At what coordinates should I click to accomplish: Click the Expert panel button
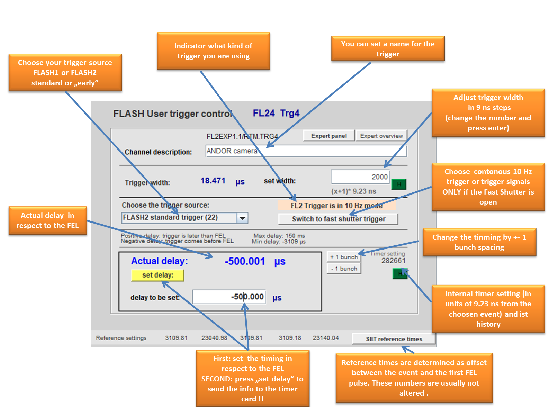328,136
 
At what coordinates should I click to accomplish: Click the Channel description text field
306,151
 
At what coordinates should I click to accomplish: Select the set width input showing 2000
360,177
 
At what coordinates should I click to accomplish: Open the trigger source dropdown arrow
242,218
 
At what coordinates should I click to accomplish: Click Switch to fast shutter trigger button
338,219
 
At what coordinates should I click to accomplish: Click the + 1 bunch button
344,257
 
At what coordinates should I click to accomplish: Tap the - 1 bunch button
344,269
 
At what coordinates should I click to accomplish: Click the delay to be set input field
229,297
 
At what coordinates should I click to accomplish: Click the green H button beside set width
399,184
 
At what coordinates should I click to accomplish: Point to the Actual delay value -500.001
245,261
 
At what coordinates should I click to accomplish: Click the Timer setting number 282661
393,261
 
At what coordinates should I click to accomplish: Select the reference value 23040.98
214,338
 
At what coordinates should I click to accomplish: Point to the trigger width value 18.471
213,181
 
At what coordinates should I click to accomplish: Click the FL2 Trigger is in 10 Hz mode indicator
336,206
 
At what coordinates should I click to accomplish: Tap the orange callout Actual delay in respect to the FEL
48,220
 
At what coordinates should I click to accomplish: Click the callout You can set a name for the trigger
388,48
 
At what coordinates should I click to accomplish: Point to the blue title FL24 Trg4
276,113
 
